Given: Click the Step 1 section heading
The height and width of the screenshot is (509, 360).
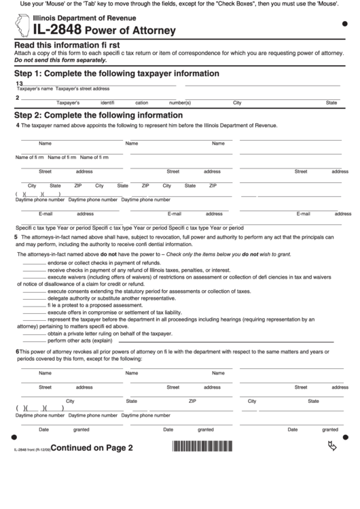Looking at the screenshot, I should [x=117, y=73].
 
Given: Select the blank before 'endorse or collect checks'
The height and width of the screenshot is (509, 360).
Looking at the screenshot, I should [x=35, y=262].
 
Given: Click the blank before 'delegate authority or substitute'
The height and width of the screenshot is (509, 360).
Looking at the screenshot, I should [x=35, y=298].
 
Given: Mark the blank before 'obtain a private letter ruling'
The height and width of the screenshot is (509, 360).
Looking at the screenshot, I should [x=35, y=333].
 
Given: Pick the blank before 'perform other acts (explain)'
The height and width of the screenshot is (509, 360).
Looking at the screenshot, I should [x=35, y=340].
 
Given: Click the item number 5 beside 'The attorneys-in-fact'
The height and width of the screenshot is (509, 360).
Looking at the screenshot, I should [x=16, y=237].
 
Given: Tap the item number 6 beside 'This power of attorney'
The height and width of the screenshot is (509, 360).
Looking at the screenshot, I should [x=17, y=351].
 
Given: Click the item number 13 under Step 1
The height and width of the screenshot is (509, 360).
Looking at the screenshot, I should [x=19, y=83].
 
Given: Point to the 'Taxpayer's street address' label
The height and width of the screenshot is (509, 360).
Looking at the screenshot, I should [x=82, y=89].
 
